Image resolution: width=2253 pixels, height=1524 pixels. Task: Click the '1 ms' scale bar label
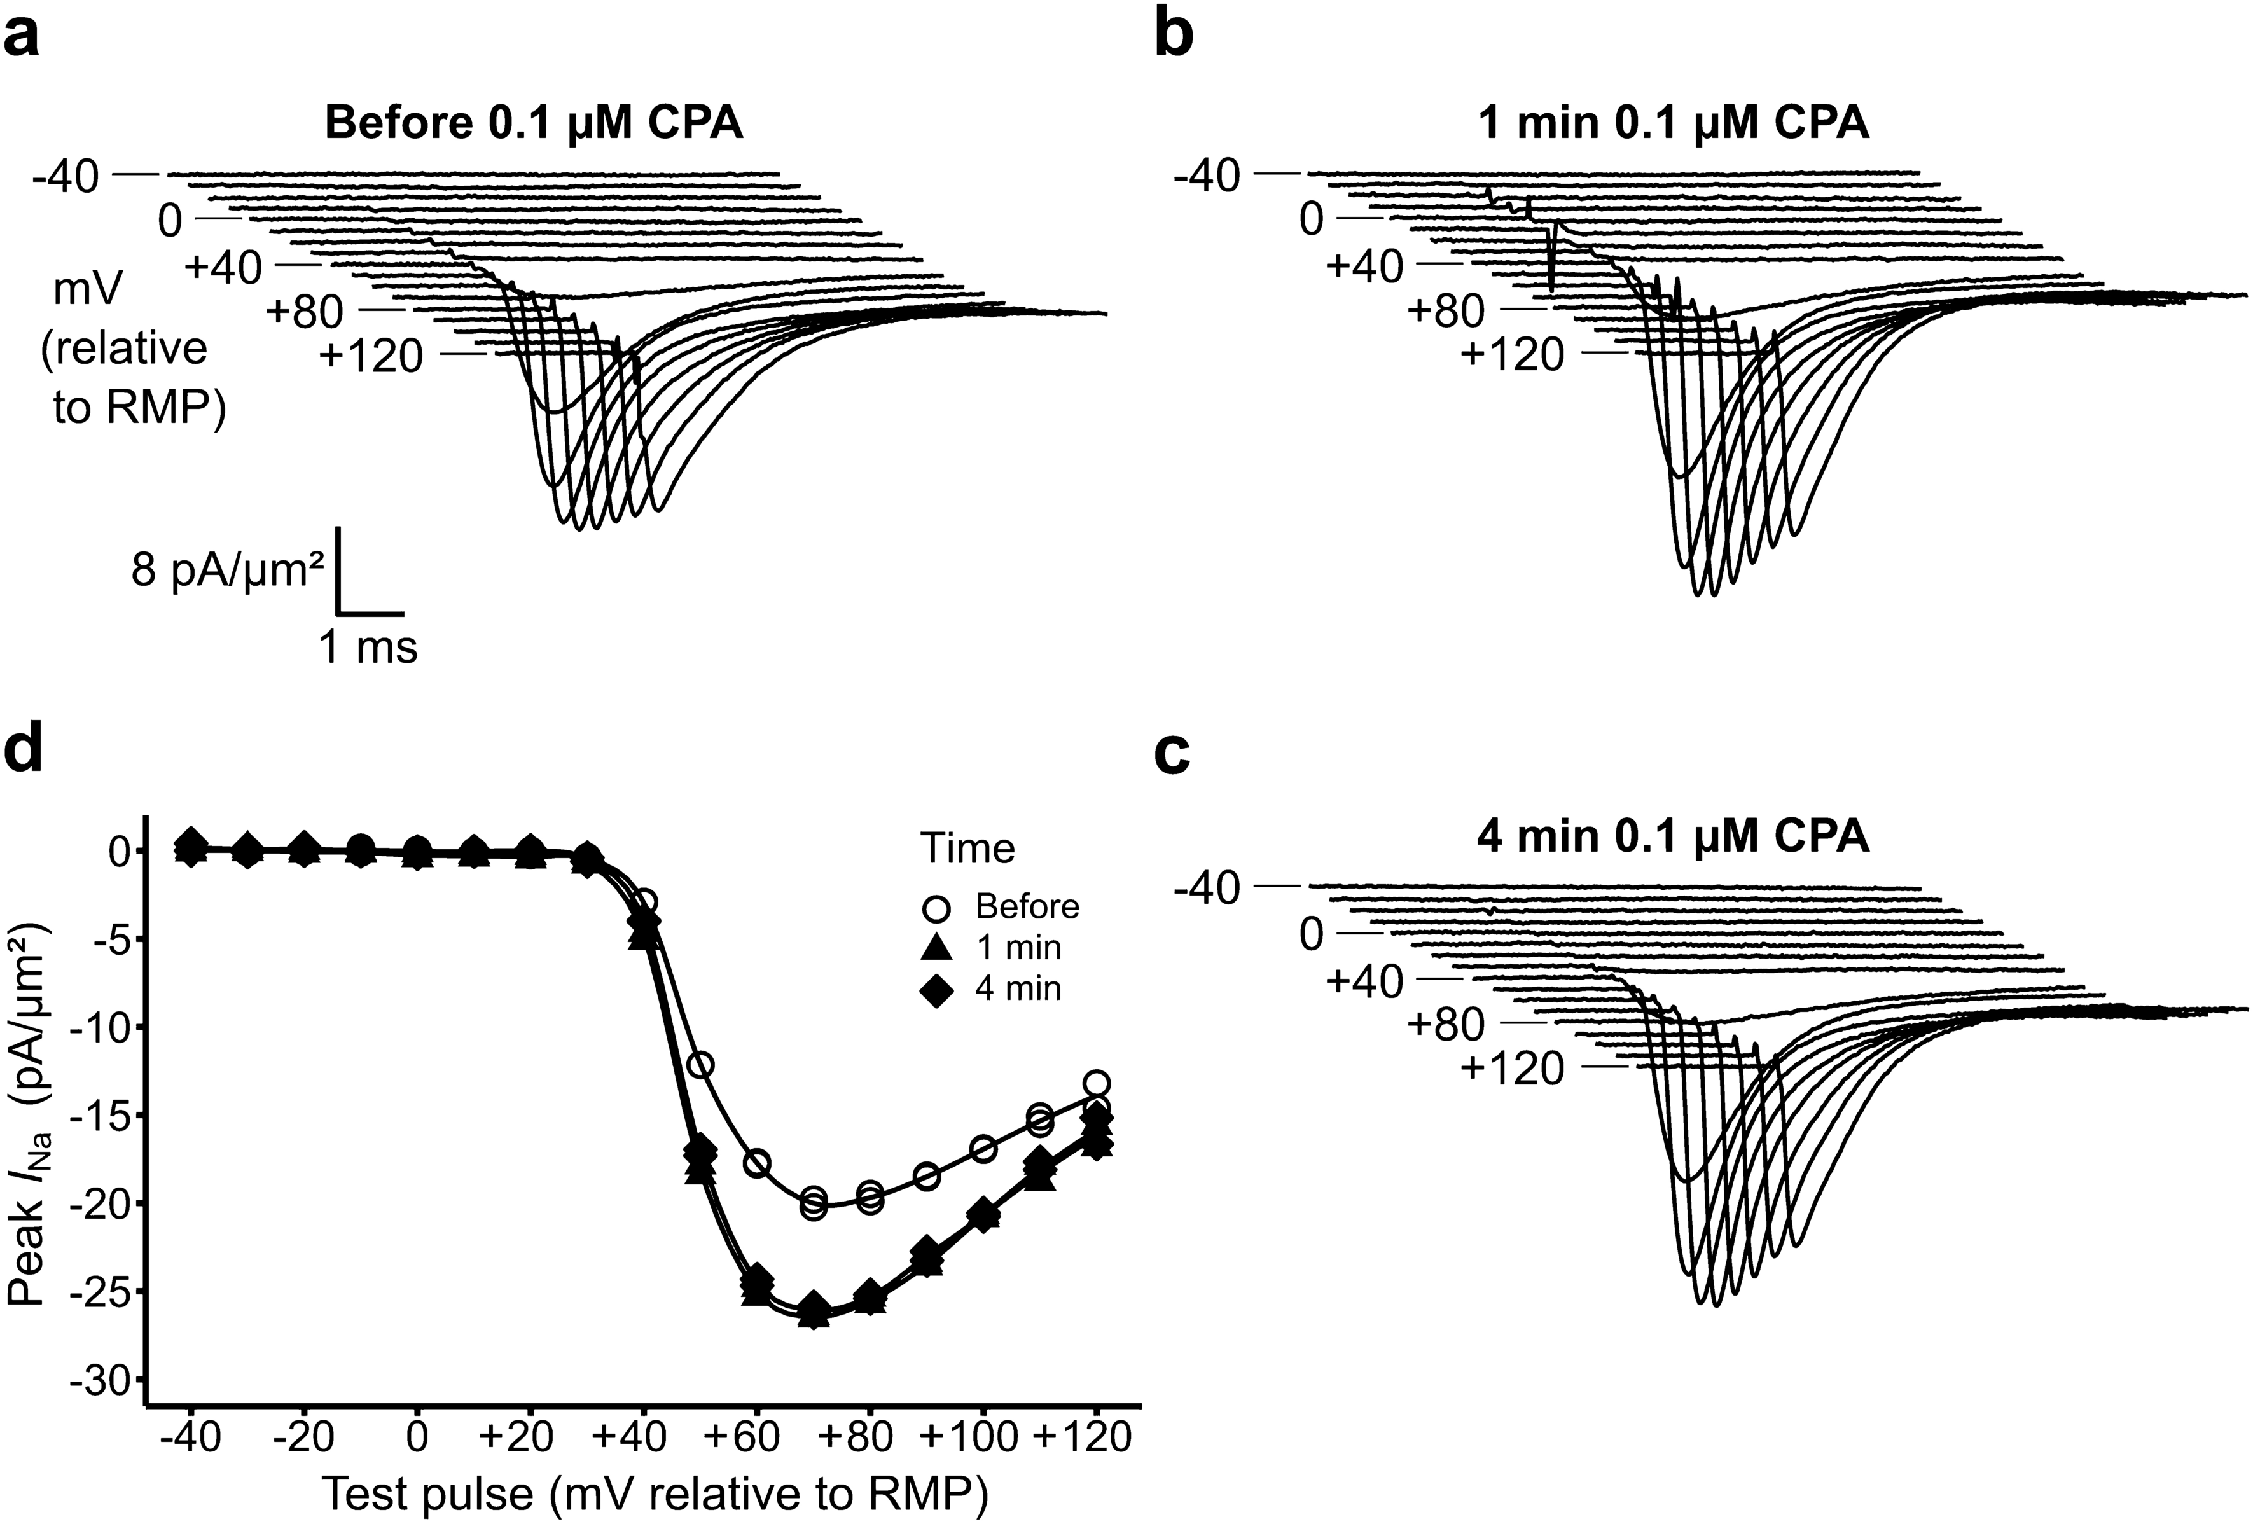368,647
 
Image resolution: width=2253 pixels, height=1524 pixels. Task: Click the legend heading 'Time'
967,849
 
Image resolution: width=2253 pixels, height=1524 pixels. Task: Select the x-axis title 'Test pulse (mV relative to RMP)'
655,1495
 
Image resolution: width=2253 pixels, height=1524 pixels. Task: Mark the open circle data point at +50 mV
701,1065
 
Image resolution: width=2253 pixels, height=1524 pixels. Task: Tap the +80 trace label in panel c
1446,1024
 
